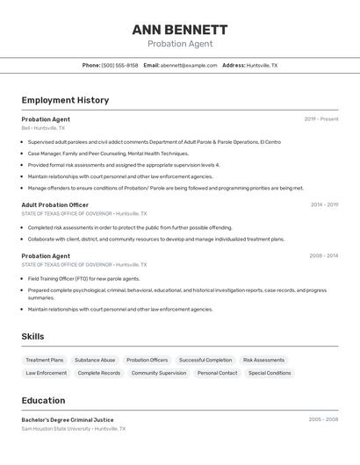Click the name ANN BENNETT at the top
[x=179, y=29]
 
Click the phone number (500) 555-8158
[x=119, y=65]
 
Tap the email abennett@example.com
[x=189, y=65]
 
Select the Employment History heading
[x=65, y=100]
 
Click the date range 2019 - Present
[x=321, y=119]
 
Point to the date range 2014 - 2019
[x=324, y=204]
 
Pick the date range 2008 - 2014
[x=323, y=256]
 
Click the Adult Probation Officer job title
[x=54, y=204]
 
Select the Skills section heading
[x=32, y=336]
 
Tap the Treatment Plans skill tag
[x=44, y=360]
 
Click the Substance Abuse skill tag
[x=95, y=360]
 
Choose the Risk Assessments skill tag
[x=263, y=360]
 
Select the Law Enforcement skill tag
[x=46, y=373]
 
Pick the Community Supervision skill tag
[x=159, y=373]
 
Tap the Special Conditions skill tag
[x=270, y=373]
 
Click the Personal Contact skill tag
[x=216, y=373]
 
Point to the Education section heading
[x=43, y=400]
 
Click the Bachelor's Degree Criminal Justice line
[x=68, y=419]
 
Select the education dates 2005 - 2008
[x=323, y=419]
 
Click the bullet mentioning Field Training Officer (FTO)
[x=83, y=278]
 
